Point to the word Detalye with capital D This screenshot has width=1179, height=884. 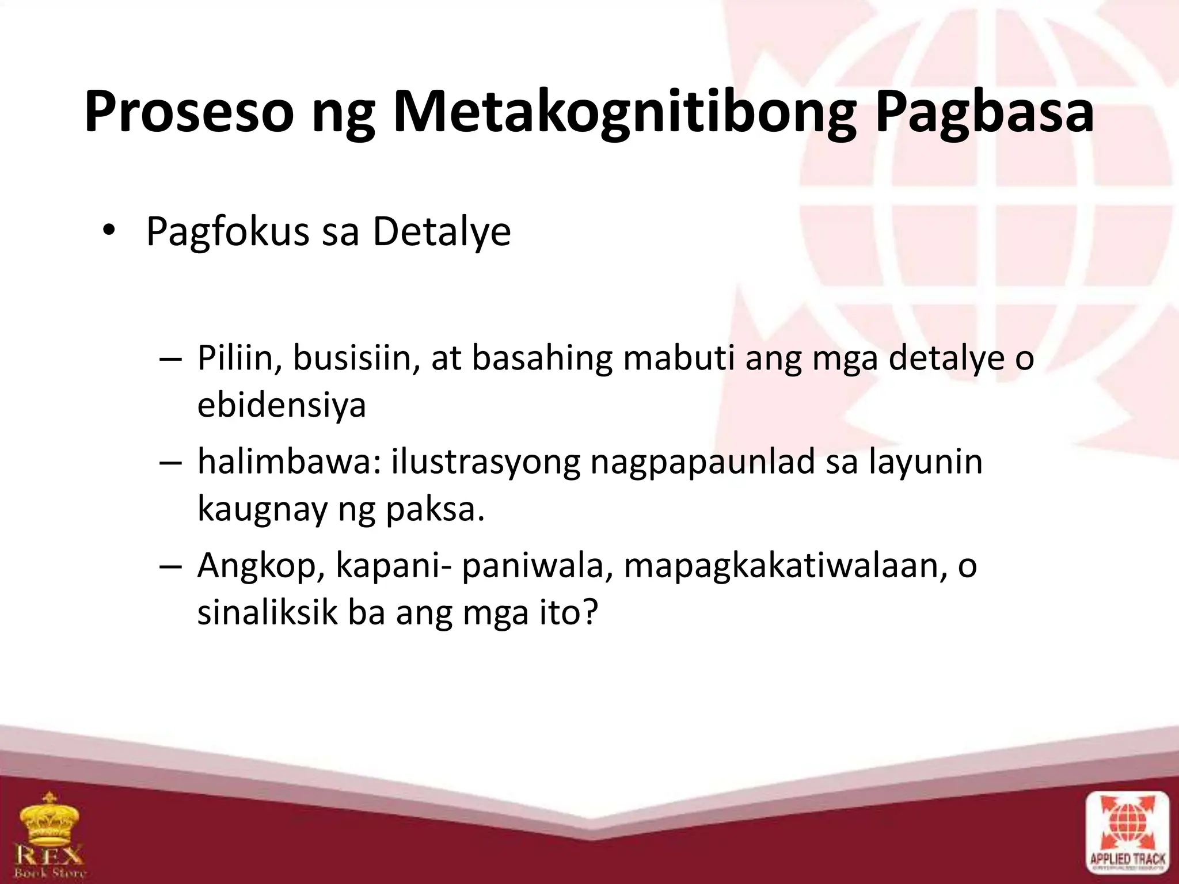pyautogui.click(x=442, y=233)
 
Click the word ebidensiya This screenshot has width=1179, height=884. pyautogui.click(x=282, y=404)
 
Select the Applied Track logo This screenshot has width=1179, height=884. pyautogui.click(x=1127, y=836)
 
